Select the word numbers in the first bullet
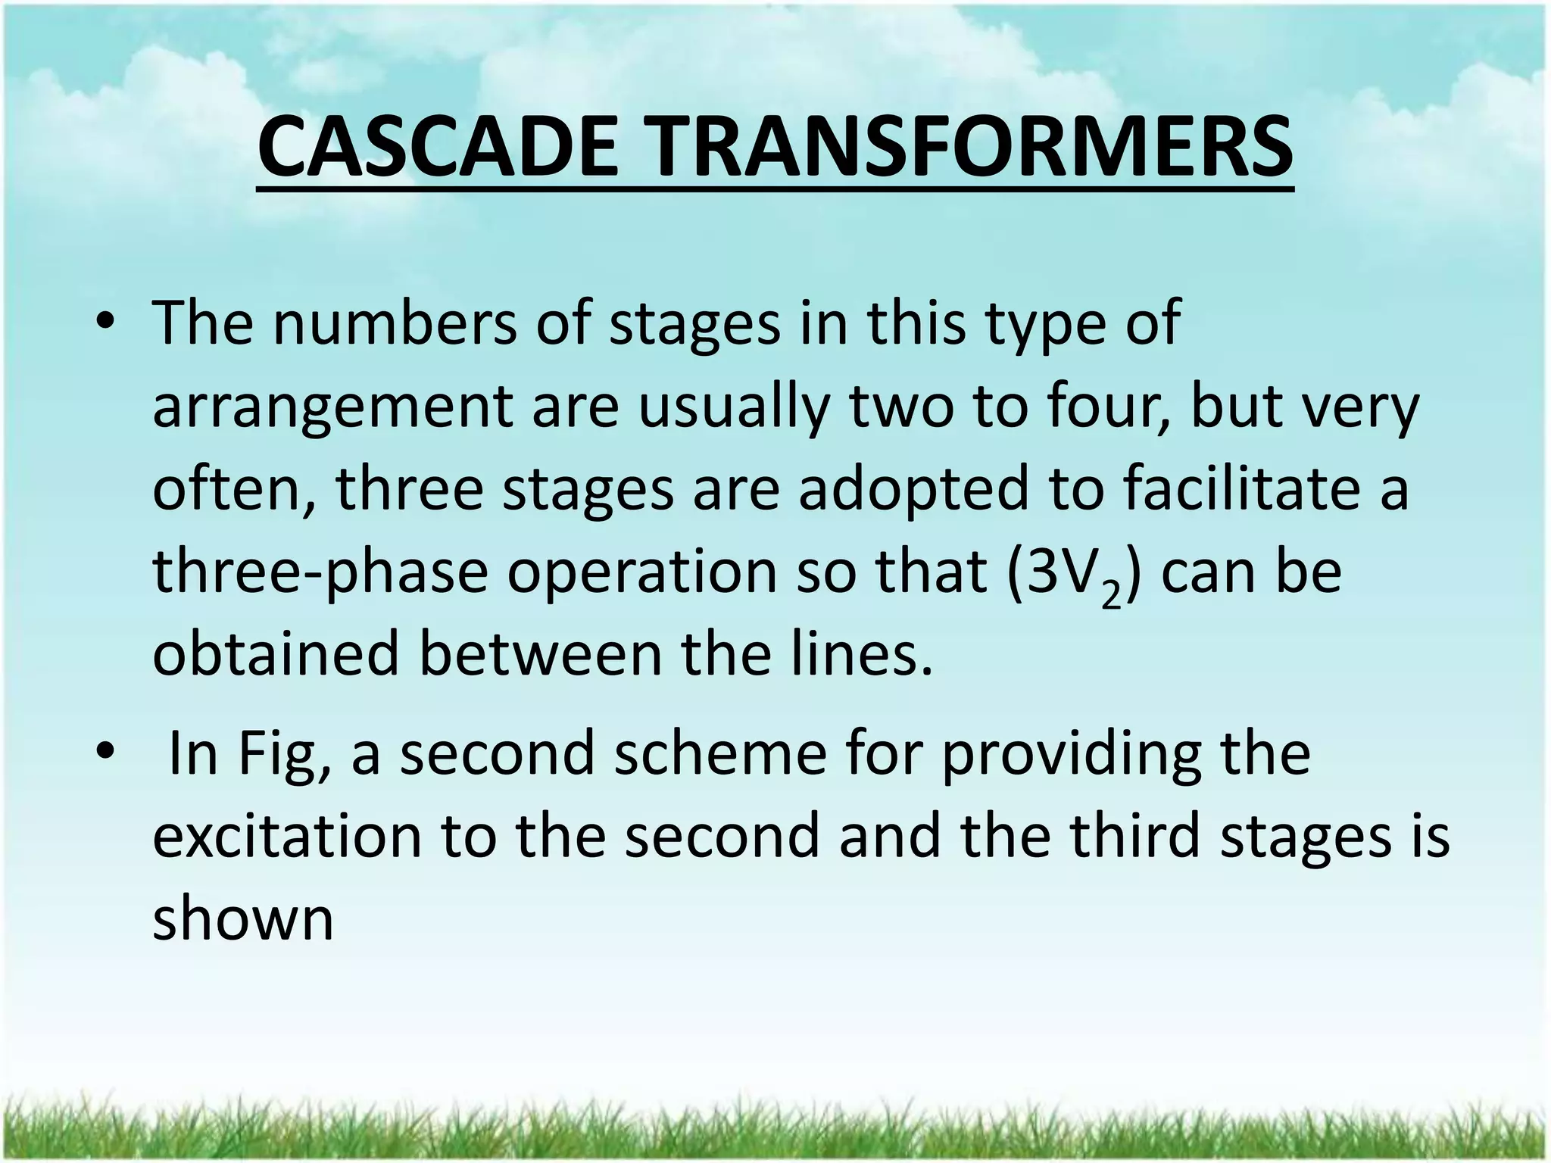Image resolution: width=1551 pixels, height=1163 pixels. coord(394,324)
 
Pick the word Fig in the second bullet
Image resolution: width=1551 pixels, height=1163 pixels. coord(284,755)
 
